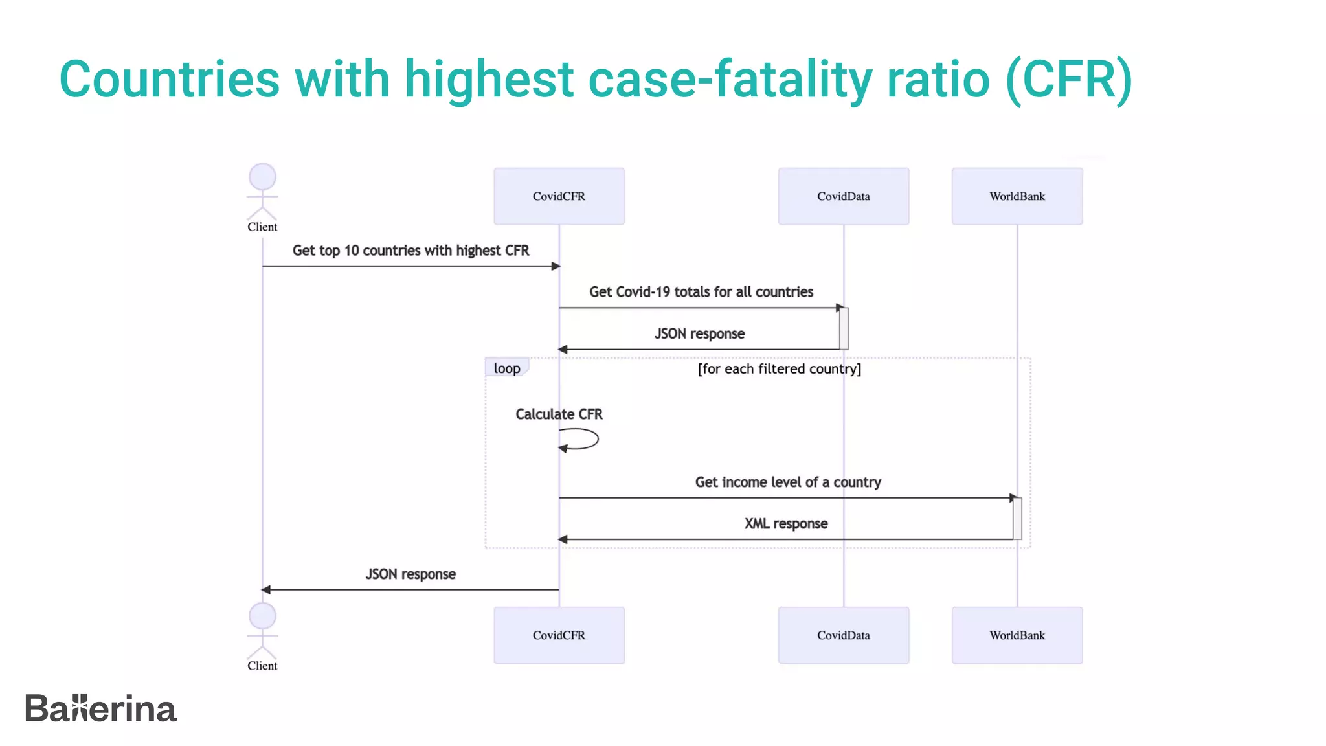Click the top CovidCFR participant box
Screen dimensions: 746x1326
tap(559, 196)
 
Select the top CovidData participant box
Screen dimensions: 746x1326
tap(843, 196)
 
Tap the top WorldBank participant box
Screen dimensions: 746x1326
tap(1017, 196)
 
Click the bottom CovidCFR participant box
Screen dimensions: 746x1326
tap(559, 635)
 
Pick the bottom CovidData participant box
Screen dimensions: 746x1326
tap(843, 635)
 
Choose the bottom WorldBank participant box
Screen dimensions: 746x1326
tap(1017, 635)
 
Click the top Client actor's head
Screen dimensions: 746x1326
tap(262, 176)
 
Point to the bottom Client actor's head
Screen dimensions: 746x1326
tap(262, 616)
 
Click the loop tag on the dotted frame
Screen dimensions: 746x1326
tap(507, 368)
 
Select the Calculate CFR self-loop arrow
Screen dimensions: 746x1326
tap(583, 440)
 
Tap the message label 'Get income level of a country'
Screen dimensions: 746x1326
tap(788, 482)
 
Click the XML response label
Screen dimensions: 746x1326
tap(786, 523)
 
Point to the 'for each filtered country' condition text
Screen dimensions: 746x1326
tap(780, 368)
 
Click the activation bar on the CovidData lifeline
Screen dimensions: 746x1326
tap(844, 328)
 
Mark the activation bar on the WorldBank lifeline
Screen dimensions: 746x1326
tap(1017, 518)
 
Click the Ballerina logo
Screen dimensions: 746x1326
tap(100, 708)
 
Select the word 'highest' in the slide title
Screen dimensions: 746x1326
tap(489, 79)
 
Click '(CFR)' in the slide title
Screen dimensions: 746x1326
tap(1068, 79)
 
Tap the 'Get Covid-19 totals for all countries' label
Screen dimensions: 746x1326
tap(701, 292)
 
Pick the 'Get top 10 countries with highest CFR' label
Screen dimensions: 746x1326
tap(410, 251)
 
